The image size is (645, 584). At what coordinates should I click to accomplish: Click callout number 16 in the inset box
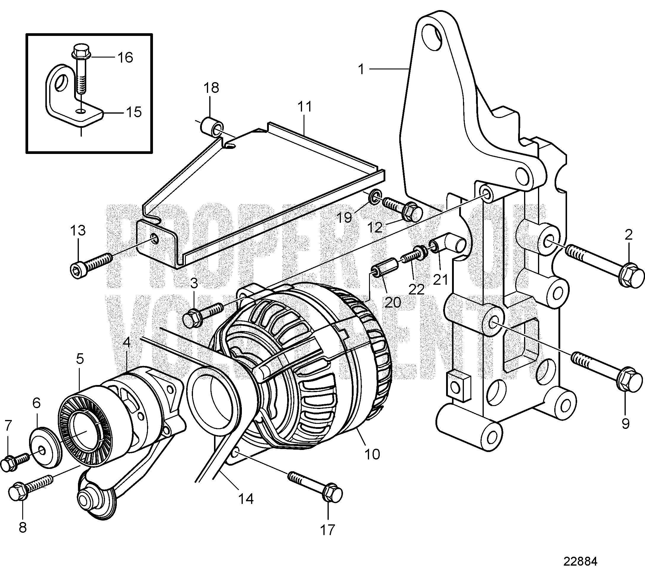(x=125, y=58)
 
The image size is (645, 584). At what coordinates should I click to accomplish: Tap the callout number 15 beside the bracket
(x=134, y=112)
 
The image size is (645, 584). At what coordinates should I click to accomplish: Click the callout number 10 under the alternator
(x=372, y=454)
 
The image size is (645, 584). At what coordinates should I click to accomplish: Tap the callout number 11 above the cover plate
(x=304, y=106)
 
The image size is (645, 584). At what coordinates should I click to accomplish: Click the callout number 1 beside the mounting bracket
(x=361, y=69)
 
